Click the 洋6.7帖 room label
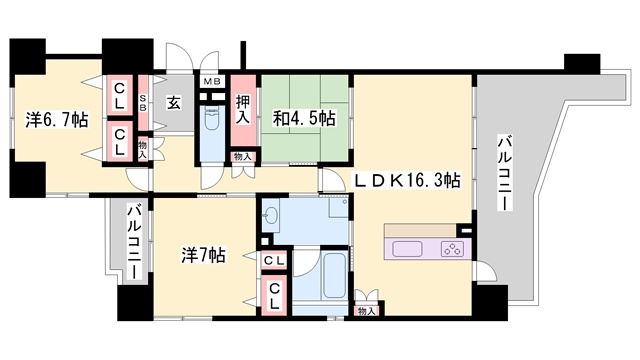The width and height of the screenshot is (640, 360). tap(57, 120)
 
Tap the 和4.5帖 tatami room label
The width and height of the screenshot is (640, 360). tap(304, 118)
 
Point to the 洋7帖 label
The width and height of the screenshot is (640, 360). tap(203, 256)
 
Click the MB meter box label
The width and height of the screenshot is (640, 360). tap(212, 82)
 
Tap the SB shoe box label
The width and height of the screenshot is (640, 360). tap(143, 102)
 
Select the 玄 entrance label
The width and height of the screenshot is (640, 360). tap(173, 102)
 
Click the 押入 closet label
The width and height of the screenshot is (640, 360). tap(243, 109)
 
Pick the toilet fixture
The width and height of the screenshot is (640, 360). tap(212, 117)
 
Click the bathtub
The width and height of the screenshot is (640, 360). tap(334, 275)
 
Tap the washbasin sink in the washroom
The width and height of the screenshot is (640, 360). tap(270, 215)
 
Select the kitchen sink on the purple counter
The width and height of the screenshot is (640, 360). tap(407, 249)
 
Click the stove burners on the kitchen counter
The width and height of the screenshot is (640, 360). tap(452, 249)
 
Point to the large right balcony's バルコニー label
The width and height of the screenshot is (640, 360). tap(505, 172)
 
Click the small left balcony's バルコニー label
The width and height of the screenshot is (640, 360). tap(134, 241)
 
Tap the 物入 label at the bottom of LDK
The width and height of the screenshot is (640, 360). tap(366, 311)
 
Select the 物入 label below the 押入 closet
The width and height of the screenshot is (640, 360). tap(243, 157)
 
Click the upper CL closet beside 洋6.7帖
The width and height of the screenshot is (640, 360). tap(119, 95)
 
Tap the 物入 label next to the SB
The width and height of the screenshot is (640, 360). tap(142, 150)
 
